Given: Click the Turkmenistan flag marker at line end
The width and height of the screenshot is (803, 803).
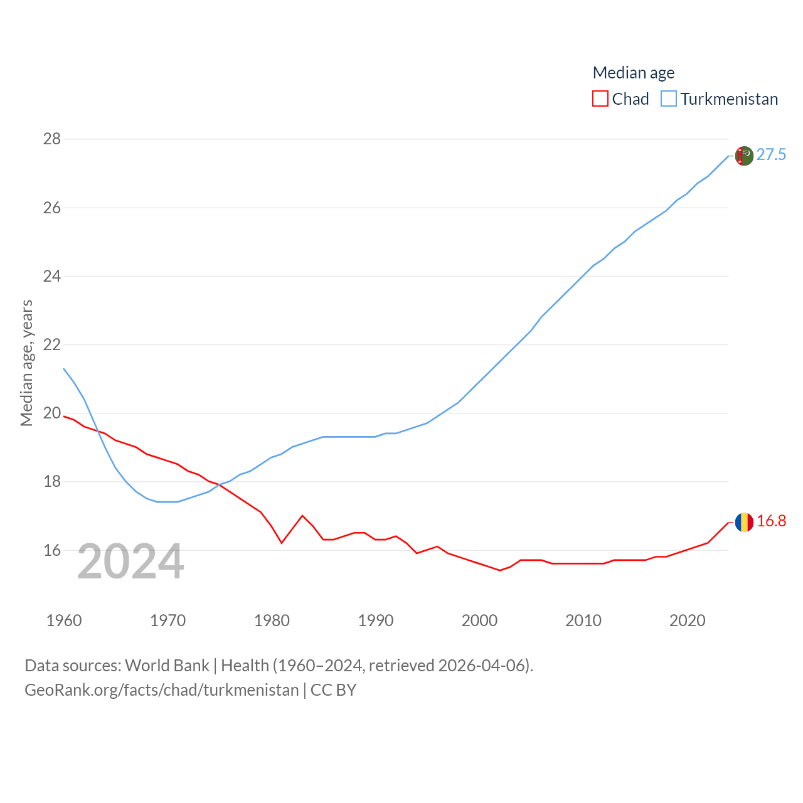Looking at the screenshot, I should pyautogui.click(x=744, y=156).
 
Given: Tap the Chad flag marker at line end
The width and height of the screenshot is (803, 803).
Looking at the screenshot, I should pyautogui.click(x=744, y=522).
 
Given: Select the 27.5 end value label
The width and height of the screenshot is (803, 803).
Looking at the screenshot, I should pyautogui.click(x=771, y=154).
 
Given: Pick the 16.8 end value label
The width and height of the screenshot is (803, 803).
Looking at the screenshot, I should pyautogui.click(x=771, y=521).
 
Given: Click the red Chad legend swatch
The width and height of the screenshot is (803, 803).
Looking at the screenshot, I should pyautogui.click(x=600, y=99).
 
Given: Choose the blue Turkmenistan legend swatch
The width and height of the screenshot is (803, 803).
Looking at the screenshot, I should pyautogui.click(x=669, y=99).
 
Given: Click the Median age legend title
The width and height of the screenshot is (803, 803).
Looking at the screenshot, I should pyautogui.click(x=634, y=73).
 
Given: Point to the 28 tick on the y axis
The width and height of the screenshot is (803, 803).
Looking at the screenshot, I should pyautogui.click(x=52, y=139).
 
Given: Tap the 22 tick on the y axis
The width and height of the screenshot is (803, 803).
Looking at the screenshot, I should pyautogui.click(x=52, y=344).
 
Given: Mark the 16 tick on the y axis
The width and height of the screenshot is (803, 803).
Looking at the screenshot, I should pyautogui.click(x=52, y=550).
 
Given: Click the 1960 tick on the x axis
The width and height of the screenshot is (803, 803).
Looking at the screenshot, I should pyautogui.click(x=64, y=620).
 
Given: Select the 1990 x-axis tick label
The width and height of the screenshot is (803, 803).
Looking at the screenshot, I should pyautogui.click(x=375, y=620).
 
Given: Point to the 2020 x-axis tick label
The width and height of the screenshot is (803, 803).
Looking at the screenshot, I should pyautogui.click(x=687, y=620).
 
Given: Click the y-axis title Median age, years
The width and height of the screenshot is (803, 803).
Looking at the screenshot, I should pyautogui.click(x=26, y=363).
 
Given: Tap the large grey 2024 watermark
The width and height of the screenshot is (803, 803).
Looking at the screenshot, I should pyautogui.click(x=130, y=561).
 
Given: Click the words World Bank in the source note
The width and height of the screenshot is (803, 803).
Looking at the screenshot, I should pyautogui.click(x=167, y=665).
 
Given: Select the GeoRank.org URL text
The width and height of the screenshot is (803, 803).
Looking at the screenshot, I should pyautogui.click(x=162, y=690).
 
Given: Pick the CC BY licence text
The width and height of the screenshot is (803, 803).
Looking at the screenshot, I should pyautogui.click(x=334, y=690).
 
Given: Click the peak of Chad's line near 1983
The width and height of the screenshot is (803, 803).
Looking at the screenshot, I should pyautogui.click(x=302, y=516).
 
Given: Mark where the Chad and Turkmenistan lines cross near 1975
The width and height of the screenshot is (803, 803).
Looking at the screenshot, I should pyautogui.click(x=220, y=485).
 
